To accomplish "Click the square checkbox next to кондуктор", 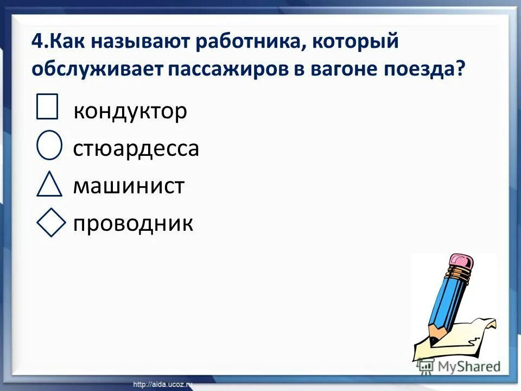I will click(x=47, y=106).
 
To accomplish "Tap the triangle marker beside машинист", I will click(x=50, y=184).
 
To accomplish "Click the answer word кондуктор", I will click(x=130, y=111).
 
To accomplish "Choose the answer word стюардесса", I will click(x=136, y=149).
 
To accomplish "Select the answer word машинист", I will click(x=129, y=186).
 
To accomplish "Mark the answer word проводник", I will click(x=133, y=224).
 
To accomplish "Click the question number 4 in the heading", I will click(x=36, y=43).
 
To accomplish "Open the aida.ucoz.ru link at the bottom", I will click(x=163, y=384).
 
